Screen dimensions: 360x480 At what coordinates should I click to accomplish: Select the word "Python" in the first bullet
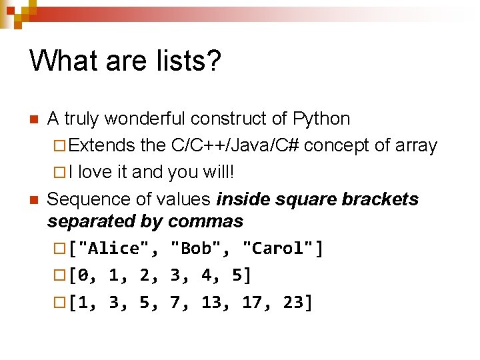(321, 119)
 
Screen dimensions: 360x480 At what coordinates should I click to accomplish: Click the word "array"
(416, 145)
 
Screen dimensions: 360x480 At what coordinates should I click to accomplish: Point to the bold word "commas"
(206, 221)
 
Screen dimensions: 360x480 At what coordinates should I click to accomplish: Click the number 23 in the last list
(293, 303)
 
